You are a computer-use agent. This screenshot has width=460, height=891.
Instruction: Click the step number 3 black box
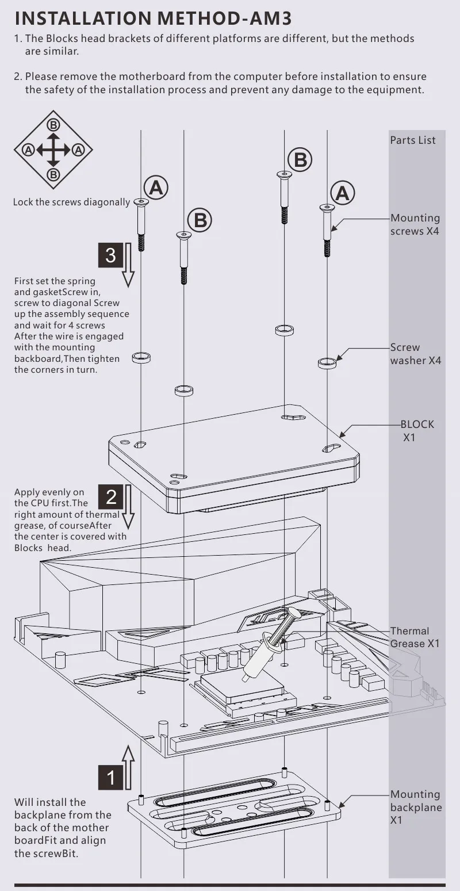pos(110,255)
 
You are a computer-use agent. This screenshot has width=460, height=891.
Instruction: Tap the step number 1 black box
pos(110,777)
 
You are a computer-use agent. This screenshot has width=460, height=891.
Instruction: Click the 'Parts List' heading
pos(413,140)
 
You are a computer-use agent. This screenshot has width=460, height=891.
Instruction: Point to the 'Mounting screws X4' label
pos(415,225)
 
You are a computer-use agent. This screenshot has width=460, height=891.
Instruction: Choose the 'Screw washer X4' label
pos(416,354)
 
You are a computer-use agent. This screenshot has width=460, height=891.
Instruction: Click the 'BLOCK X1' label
pos(417,431)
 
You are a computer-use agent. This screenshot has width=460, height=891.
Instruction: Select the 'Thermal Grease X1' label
pos(415,637)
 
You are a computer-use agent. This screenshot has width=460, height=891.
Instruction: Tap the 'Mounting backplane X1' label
pos(416,807)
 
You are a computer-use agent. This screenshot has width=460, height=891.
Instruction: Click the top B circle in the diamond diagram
pos(53,125)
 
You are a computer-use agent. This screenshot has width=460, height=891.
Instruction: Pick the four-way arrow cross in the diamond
pos(53,150)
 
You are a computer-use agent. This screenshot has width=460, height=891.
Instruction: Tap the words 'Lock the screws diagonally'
pos(71,202)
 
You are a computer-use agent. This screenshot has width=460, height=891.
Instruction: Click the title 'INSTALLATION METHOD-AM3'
pos(153,18)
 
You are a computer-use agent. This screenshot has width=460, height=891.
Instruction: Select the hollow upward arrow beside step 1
pos(128,767)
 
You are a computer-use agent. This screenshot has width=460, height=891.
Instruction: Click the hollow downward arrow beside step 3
pos(128,265)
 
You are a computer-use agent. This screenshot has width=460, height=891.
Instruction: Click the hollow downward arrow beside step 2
pos(128,507)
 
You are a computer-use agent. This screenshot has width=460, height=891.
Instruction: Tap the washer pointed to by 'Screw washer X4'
pos(327,363)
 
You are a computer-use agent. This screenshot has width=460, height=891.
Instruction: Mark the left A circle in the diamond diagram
pos(28,150)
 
